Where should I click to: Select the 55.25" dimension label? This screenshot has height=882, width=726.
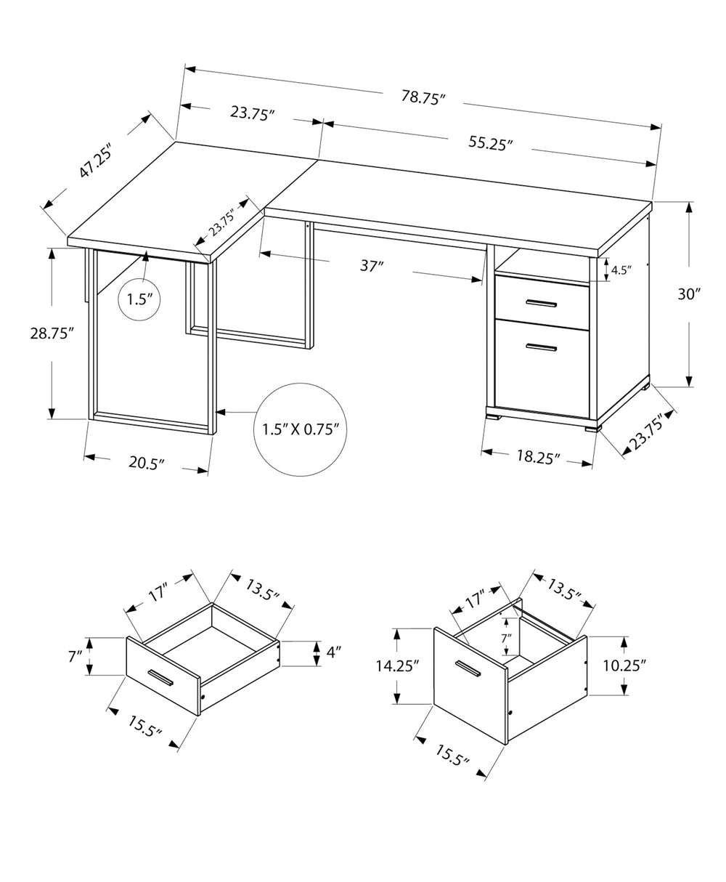click(x=491, y=144)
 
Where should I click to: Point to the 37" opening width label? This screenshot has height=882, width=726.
click(x=371, y=266)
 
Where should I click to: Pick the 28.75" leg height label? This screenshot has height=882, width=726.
click(x=52, y=333)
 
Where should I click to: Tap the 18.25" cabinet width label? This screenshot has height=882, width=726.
click(x=537, y=457)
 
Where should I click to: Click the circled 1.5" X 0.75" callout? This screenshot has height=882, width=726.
click(x=301, y=429)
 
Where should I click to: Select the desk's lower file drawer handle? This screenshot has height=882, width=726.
click(x=541, y=347)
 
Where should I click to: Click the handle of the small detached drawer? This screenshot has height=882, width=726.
click(x=160, y=678)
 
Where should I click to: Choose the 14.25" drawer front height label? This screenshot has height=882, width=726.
click(x=399, y=667)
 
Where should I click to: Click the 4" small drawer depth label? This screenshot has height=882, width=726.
click(x=332, y=652)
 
